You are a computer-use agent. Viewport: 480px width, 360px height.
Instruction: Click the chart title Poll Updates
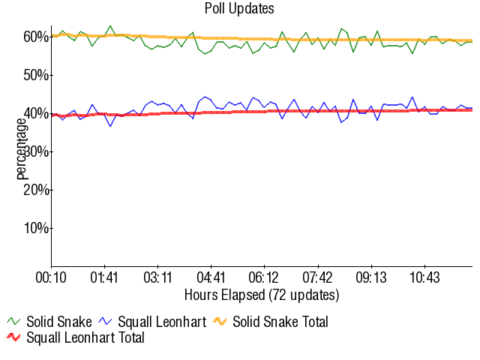(239, 9)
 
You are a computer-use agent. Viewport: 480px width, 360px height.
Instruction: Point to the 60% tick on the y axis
(37, 37)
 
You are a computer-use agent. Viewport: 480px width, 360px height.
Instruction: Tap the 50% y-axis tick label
(37, 75)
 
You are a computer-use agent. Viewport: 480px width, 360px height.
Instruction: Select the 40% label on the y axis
(37, 113)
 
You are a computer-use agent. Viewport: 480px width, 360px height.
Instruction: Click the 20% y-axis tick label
(37, 190)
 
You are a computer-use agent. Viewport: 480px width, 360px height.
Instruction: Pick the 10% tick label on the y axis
(37, 228)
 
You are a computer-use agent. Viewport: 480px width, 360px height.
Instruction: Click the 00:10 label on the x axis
(51, 277)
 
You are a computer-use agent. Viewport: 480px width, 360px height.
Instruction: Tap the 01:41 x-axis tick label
(104, 277)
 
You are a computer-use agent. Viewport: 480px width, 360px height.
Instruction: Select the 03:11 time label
(157, 277)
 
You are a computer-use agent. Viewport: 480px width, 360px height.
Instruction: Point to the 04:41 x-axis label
(211, 277)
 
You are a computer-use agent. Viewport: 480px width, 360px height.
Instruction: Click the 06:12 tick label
(265, 277)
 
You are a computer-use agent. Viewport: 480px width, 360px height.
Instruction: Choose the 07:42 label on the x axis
(318, 277)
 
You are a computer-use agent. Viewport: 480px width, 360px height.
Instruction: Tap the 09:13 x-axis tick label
(371, 277)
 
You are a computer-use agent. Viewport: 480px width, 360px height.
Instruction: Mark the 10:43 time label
(424, 277)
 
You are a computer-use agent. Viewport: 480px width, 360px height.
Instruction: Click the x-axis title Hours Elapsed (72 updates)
(262, 294)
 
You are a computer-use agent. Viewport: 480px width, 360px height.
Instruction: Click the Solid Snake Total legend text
(280, 322)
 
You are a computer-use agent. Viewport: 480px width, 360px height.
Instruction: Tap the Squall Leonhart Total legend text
(85, 337)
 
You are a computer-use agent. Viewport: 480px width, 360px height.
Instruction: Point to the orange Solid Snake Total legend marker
(220, 322)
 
